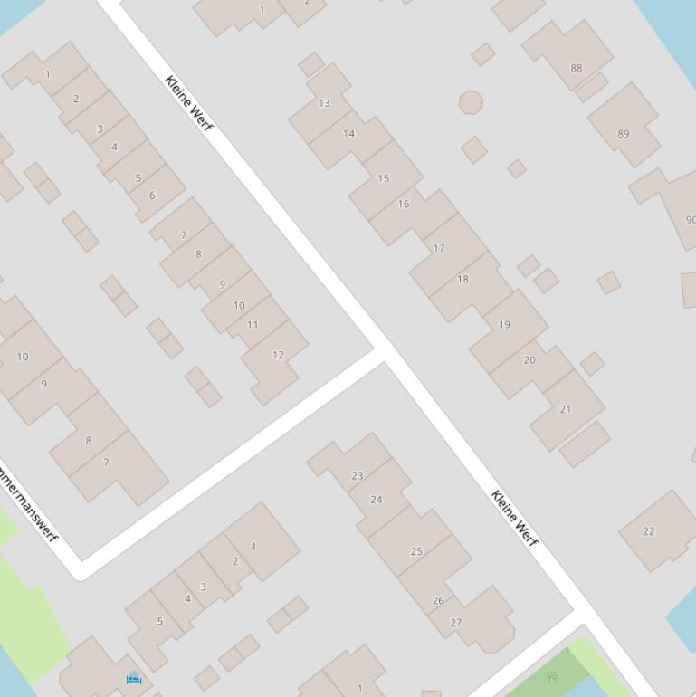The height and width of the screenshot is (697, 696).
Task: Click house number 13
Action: point(324,102)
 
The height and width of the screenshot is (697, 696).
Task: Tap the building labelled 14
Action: point(348,133)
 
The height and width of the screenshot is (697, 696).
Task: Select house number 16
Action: point(404,204)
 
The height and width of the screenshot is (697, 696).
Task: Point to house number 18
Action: point(462,279)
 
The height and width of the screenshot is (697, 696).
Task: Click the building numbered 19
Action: point(504,324)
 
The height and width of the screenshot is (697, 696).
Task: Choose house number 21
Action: point(566,409)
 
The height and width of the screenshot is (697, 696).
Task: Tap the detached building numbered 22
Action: point(648,531)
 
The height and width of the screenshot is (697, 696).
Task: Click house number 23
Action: point(357,475)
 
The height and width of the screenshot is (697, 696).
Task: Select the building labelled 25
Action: point(416,550)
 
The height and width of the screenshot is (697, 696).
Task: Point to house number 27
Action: point(456,623)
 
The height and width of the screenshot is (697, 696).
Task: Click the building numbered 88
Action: point(577,67)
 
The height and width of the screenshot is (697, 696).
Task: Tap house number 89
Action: point(623,134)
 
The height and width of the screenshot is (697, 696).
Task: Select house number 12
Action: point(278,355)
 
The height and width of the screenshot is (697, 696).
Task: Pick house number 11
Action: point(253,325)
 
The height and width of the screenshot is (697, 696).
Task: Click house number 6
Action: point(152,196)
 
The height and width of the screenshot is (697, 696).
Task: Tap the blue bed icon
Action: point(134,678)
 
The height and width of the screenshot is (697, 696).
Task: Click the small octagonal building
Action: point(470,102)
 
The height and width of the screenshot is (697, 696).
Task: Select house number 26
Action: point(438,600)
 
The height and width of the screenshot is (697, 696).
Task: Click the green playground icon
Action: point(552,676)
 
